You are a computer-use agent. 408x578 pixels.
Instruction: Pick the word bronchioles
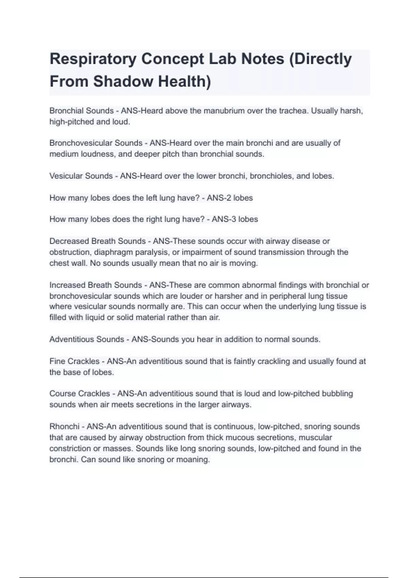pos(271,176)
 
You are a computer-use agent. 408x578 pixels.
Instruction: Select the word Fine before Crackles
pos(57,361)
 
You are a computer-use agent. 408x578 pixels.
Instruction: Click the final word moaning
pos(193,460)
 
